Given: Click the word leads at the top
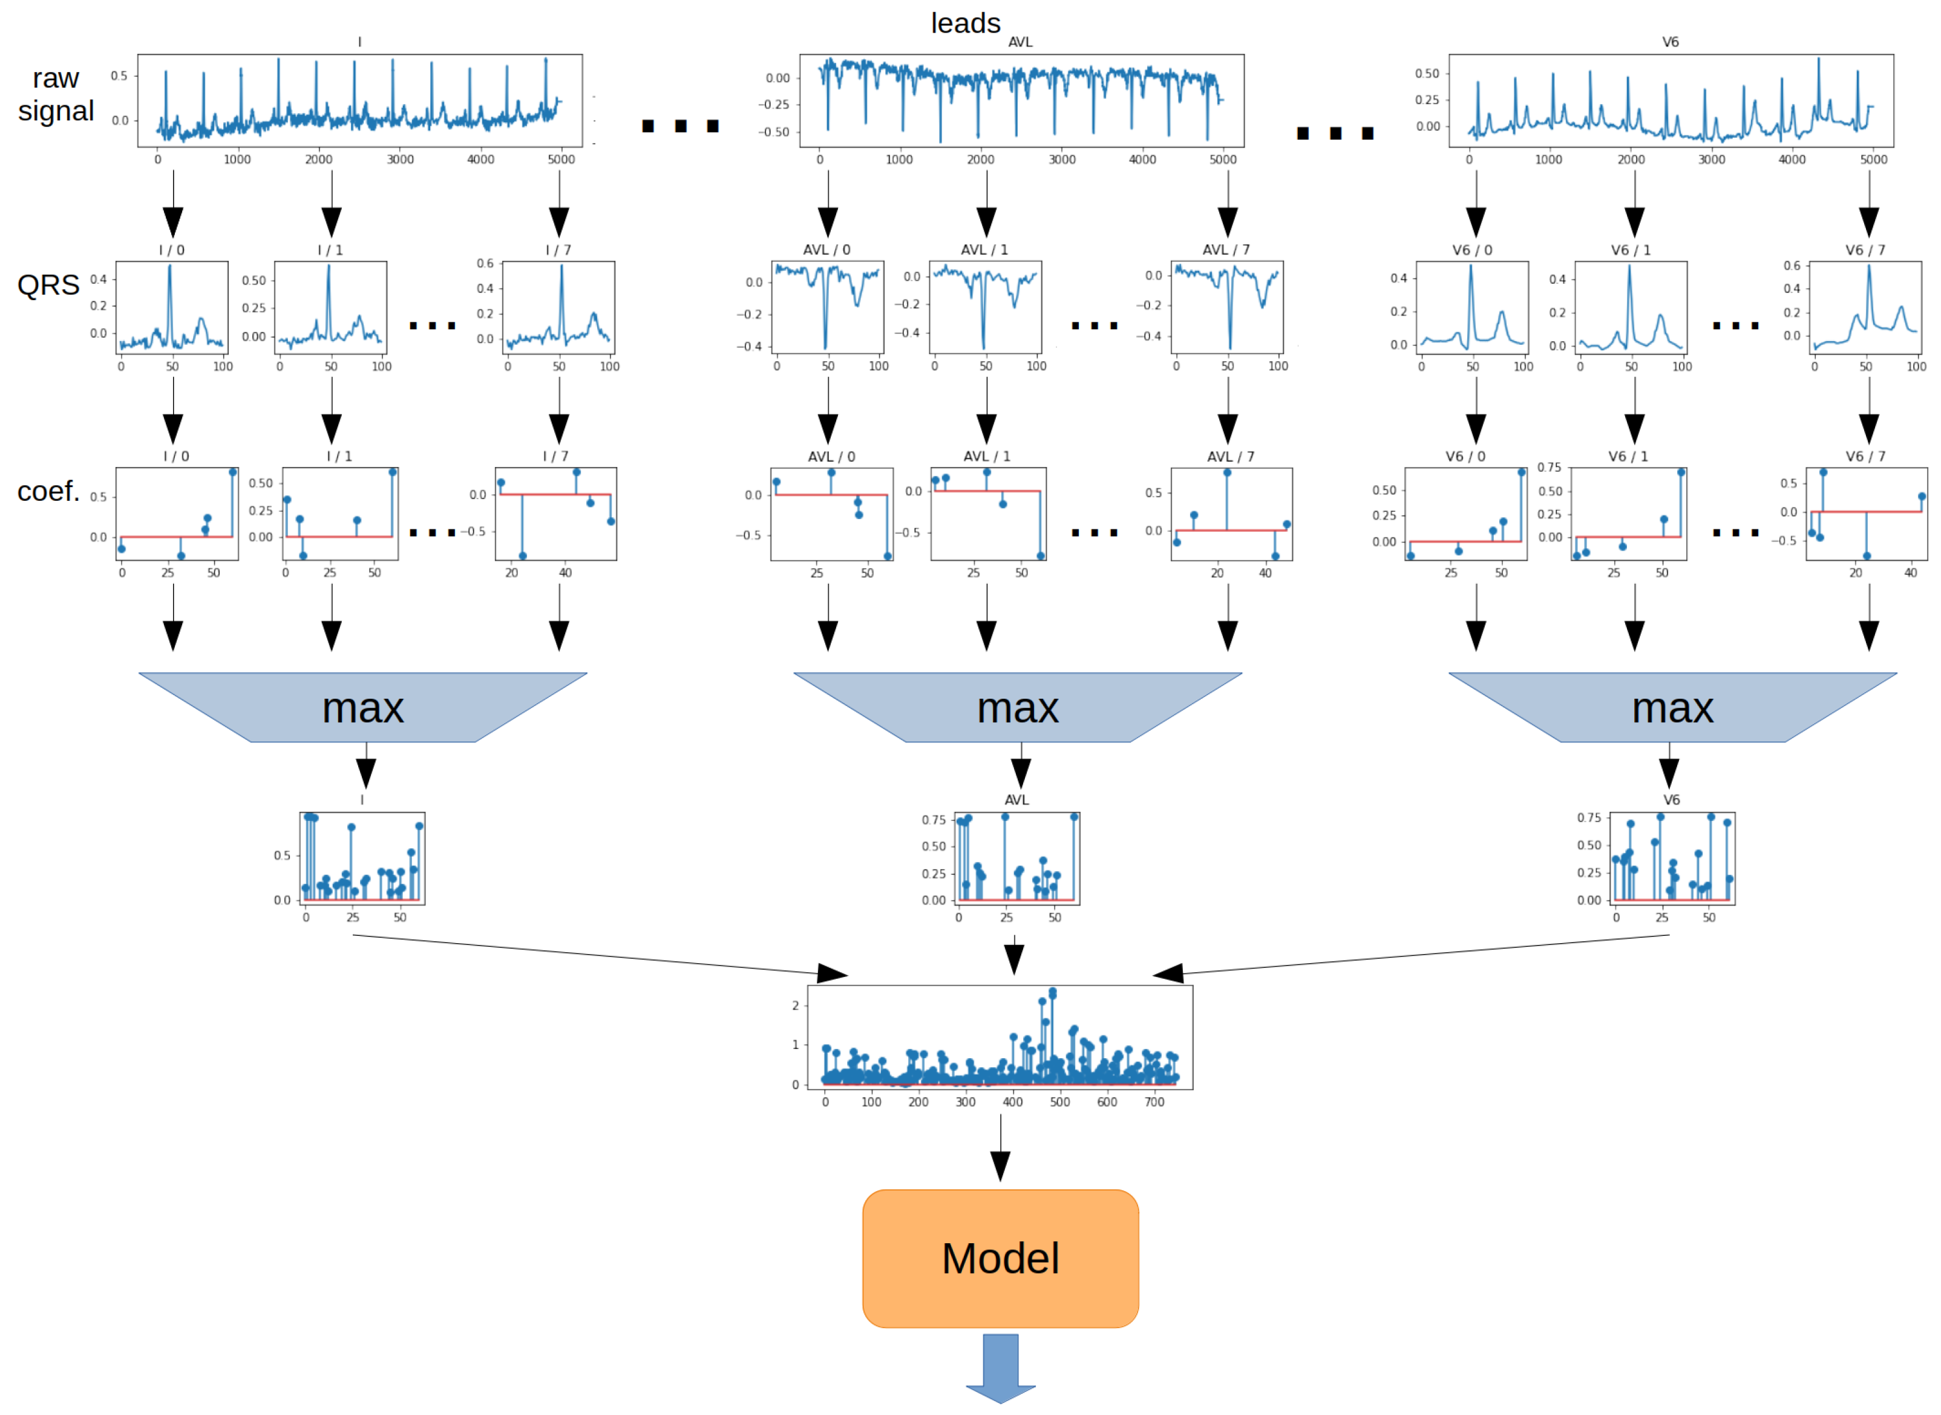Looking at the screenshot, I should (x=966, y=23).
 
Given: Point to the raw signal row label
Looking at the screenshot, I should (x=56, y=94).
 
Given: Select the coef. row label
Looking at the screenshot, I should (x=48, y=491).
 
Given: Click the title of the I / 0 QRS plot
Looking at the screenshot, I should (x=171, y=250).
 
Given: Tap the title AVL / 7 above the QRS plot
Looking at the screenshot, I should (x=1226, y=249).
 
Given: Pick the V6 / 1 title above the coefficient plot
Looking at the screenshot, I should (x=1628, y=457).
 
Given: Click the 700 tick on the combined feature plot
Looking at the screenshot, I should (x=1154, y=1102).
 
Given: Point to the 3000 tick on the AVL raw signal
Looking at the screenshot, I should (x=1061, y=159).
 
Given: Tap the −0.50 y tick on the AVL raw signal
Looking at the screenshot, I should (x=773, y=132).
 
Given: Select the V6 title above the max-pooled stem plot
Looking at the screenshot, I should (x=1671, y=800).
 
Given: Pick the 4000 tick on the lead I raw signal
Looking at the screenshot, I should (x=480, y=159).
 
